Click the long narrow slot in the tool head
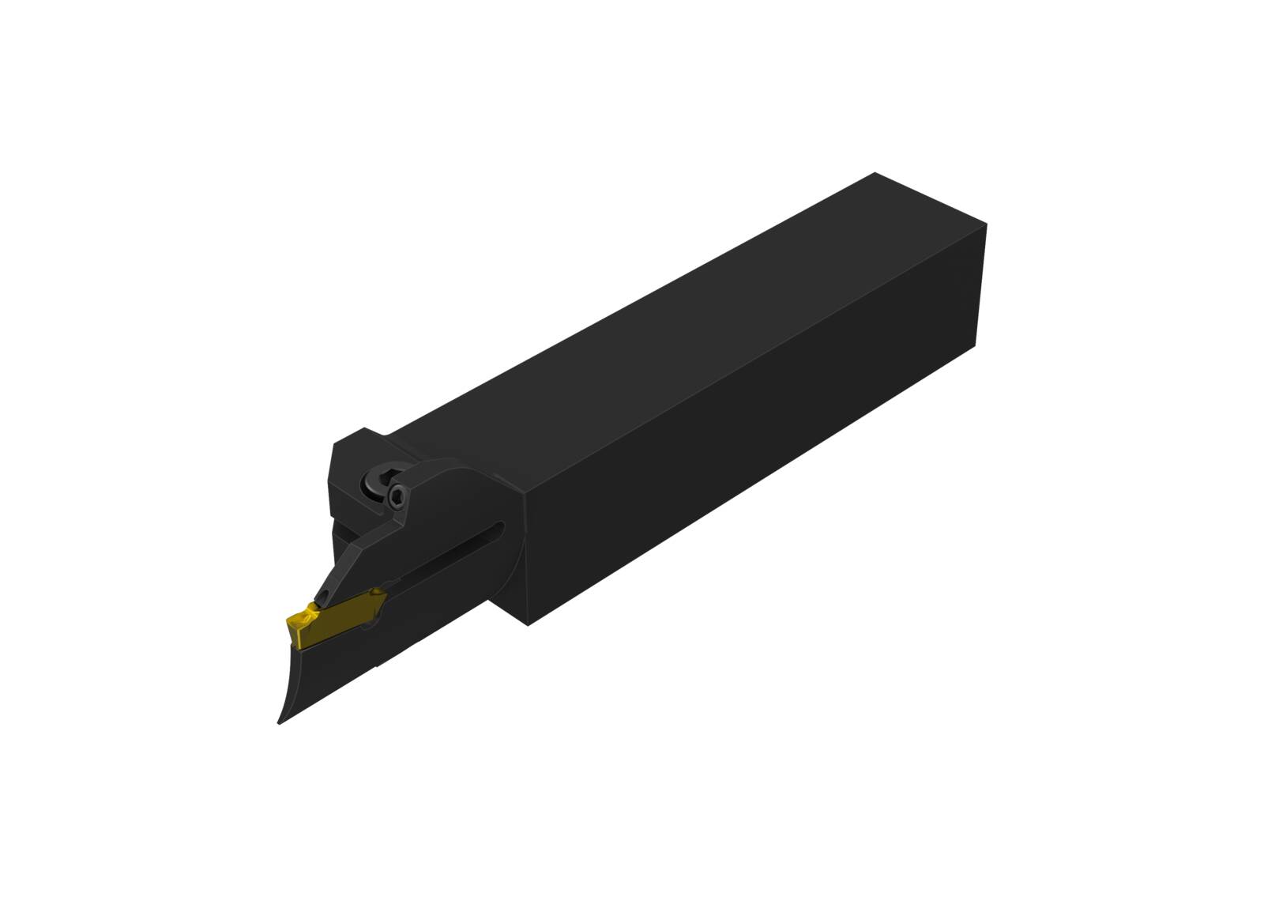click(442, 561)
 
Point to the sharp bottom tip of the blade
click(280, 722)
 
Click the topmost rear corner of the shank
click(875, 173)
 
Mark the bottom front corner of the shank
click(528, 624)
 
